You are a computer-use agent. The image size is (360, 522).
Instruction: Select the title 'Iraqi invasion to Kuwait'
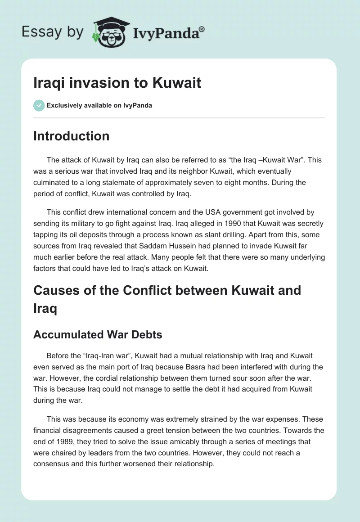[117, 83]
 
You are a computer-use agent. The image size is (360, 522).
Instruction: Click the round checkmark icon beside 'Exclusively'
[39, 105]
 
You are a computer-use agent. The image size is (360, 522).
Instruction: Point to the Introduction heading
[71, 136]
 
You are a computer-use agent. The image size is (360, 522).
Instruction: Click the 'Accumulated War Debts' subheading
[97, 335]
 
